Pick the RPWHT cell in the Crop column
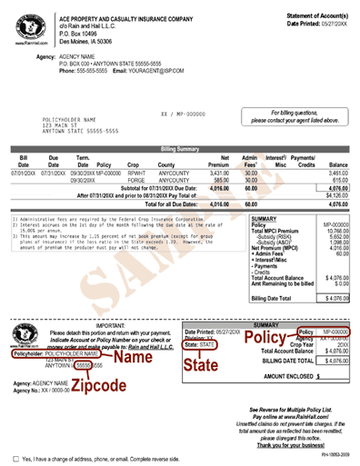click(x=136, y=172)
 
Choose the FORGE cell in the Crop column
click(x=136, y=180)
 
